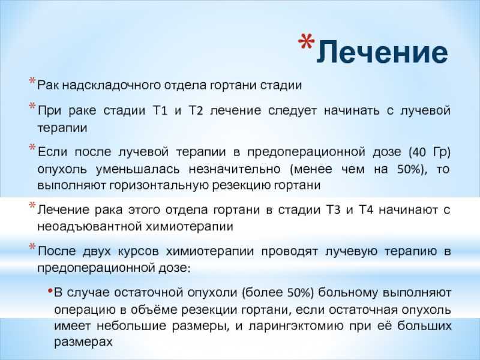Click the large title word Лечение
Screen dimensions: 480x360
click(x=382, y=52)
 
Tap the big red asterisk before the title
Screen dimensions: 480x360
click(x=307, y=41)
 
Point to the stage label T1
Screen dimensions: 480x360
click(x=160, y=110)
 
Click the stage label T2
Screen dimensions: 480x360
click(x=196, y=110)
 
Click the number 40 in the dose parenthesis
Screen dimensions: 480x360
click(x=419, y=152)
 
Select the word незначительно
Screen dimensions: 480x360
click(x=234, y=169)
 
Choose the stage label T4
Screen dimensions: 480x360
click(x=366, y=210)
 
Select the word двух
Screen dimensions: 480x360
click(x=97, y=251)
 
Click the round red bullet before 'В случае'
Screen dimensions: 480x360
click(x=50, y=290)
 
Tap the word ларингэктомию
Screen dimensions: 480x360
click(x=296, y=326)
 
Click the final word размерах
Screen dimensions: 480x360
click(x=83, y=342)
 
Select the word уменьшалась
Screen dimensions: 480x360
click(x=137, y=169)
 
